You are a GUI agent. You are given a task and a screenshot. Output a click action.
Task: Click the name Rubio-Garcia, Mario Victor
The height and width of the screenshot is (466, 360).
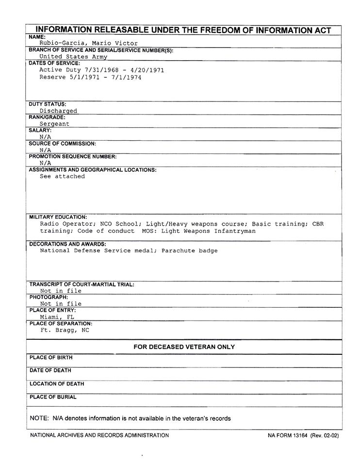tap(88, 43)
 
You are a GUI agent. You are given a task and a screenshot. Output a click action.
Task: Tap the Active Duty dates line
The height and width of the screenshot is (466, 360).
tap(101, 70)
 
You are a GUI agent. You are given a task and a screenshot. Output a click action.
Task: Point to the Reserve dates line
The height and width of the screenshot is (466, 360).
tap(90, 77)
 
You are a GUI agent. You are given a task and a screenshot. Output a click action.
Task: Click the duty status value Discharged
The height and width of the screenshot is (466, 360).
tap(58, 111)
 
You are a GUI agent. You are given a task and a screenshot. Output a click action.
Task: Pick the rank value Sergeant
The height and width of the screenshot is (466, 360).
tap(54, 124)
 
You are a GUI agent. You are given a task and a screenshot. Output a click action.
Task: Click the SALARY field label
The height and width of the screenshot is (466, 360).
tap(40, 131)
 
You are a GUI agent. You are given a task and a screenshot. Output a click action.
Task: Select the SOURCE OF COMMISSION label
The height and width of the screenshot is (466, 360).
tap(62, 144)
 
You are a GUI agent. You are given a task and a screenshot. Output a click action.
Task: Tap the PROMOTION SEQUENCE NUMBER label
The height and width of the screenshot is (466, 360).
tap(73, 157)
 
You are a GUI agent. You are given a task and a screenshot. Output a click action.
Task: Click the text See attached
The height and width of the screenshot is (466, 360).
tap(62, 177)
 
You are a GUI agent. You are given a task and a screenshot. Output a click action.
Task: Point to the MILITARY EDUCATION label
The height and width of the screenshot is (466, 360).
tap(58, 217)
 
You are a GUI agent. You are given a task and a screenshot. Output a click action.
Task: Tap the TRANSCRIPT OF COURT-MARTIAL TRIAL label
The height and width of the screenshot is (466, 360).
tap(82, 284)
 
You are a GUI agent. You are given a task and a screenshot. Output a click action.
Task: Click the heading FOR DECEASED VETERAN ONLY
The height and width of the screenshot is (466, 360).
tap(184, 347)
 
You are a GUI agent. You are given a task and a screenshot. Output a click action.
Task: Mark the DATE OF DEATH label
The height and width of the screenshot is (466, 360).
tap(50, 371)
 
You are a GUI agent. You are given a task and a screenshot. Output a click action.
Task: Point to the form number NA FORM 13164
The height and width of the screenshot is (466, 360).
tap(288, 435)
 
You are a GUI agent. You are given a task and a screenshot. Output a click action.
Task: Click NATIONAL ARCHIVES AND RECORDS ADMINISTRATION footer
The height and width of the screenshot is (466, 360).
tap(99, 435)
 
